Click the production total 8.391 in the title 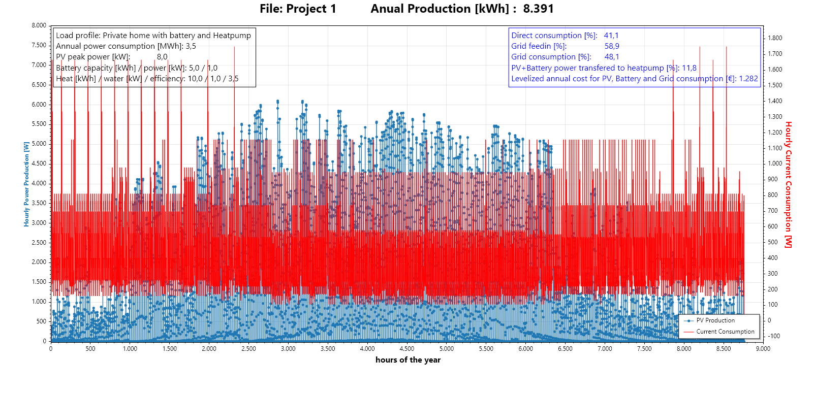(538, 9)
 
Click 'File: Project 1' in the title (298, 9)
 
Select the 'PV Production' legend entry (715, 320)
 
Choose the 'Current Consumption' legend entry (725, 332)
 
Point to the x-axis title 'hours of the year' (408, 360)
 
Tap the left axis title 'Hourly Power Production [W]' (26, 184)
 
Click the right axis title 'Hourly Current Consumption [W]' (788, 184)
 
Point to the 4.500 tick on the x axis (407, 349)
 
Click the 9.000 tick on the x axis (763, 349)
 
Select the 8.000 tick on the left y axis (39, 25)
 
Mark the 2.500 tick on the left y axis (39, 243)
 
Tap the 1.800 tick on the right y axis (775, 38)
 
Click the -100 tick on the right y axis (773, 336)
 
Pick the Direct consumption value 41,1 (611, 36)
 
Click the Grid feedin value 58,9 (612, 46)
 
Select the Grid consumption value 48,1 (612, 57)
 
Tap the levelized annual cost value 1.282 (748, 79)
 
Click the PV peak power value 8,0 (162, 57)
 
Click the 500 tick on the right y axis (772, 242)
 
